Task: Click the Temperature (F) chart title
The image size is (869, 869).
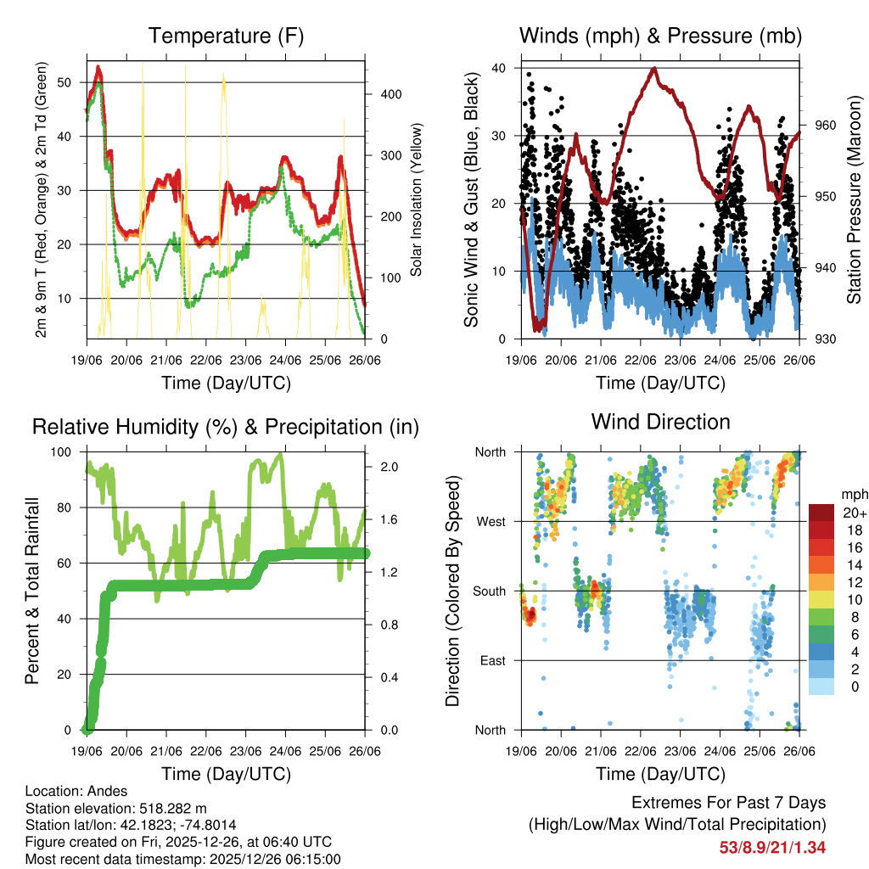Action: (226, 36)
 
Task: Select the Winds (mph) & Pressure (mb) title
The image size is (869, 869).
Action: (660, 36)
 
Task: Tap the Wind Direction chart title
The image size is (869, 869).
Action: (660, 421)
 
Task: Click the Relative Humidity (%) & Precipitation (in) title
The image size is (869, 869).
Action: (226, 427)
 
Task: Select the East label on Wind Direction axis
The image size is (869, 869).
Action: (491, 660)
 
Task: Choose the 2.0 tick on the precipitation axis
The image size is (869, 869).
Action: (386, 467)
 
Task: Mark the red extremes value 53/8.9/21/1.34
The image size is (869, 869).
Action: (773, 847)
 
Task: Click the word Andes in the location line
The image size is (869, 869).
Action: (97, 790)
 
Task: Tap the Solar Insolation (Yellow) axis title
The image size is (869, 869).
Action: (417, 199)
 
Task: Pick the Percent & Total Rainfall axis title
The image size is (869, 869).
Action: (32, 591)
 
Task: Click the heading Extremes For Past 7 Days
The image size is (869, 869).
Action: (728, 803)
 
